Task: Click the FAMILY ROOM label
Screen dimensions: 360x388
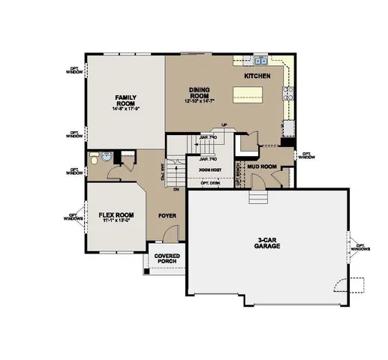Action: (124, 100)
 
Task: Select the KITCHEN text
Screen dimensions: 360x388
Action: (257, 76)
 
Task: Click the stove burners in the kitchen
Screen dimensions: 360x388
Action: (287, 94)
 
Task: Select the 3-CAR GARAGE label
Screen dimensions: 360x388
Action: (266, 243)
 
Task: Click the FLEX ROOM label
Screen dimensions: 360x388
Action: (116, 215)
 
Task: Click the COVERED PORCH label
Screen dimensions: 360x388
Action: (167, 259)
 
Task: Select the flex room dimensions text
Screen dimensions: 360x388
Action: (116, 221)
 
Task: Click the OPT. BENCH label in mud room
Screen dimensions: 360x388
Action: (239, 174)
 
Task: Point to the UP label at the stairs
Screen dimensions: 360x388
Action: (223, 124)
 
